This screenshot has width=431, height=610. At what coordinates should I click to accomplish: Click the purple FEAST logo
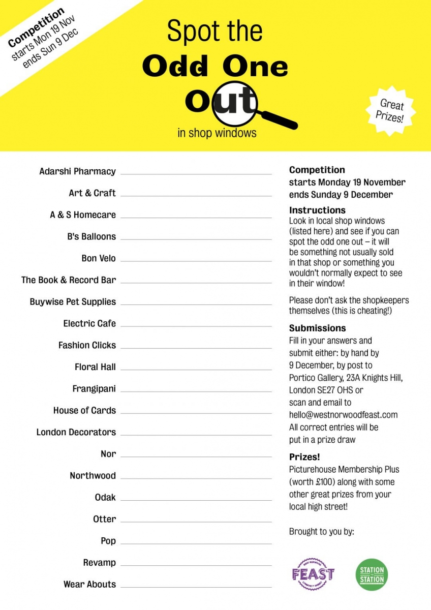[313, 574]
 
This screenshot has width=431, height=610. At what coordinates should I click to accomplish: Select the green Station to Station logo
[372, 574]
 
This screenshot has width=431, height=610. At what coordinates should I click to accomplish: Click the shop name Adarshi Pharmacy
[77, 171]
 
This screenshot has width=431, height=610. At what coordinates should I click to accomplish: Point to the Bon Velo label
[99, 258]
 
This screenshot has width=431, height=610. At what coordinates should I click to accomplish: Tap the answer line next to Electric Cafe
[196, 326]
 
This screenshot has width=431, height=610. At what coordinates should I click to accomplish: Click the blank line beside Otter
[196, 522]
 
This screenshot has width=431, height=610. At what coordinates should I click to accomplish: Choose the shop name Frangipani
[94, 389]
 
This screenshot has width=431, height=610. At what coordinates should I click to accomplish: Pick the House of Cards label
[84, 410]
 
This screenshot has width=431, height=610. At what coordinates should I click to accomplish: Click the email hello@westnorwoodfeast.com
[343, 415]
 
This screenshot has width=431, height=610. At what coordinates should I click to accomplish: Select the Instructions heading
[317, 210]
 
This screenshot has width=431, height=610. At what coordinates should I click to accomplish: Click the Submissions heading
[317, 328]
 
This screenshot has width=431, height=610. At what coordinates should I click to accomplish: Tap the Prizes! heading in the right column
[304, 456]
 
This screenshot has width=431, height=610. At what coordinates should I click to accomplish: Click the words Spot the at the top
[215, 32]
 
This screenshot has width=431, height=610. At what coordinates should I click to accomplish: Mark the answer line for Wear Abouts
[196, 587]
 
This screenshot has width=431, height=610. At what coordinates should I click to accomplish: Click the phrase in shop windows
[217, 133]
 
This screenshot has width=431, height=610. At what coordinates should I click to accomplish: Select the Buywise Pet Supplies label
[73, 301]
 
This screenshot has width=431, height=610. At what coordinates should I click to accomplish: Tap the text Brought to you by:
[321, 532]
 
